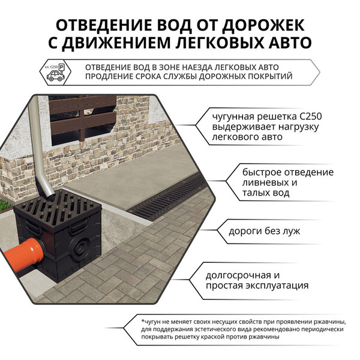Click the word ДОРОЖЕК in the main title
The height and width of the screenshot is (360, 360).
click(x=263, y=26)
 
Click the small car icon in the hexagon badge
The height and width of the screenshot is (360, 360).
click(x=55, y=76)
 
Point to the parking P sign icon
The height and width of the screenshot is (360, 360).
click(x=62, y=68)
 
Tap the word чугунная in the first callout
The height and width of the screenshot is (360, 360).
click(x=233, y=117)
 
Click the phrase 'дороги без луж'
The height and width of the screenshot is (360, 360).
click(x=264, y=231)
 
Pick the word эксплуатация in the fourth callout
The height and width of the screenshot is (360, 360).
click(x=277, y=286)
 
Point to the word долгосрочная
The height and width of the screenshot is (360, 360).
click(x=235, y=275)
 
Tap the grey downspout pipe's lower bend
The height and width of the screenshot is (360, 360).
click(x=49, y=188)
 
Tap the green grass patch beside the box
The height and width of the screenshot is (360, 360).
click(x=5, y=205)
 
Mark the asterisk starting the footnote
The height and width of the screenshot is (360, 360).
click(x=143, y=320)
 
